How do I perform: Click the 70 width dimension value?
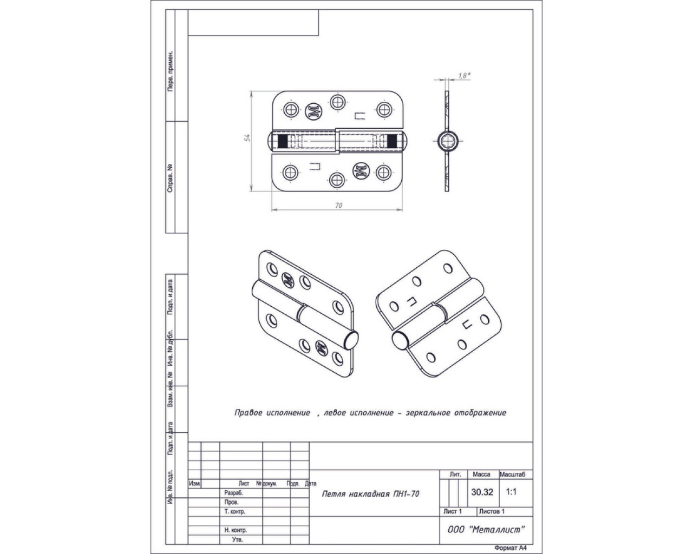pyautogui.click(x=339, y=206)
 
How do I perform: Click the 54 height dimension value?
pyautogui.click(x=247, y=138)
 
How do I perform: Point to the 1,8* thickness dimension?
pyautogui.click(x=462, y=76)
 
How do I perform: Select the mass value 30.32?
pyautogui.click(x=482, y=492)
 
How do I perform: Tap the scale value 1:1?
pyautogui.click(x=511, y=492)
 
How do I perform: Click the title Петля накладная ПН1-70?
pyautogui.click(x=370, y=493)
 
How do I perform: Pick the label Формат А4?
pyautogui.click(x=511, y=548)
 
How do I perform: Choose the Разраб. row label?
pyautogui.click(x=234, y=493)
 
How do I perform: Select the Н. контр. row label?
pyautogui.click(x=236, y=530)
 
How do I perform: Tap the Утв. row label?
pyautogui.click(x=237, y=539)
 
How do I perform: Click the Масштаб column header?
pyautogui.click(x=515, y=474)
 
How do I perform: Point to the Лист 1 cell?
pyautogui.click(x=452, y=511)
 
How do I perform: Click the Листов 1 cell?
pyautogui.click(x=492, y=511)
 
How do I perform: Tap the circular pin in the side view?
pyautogui.click(x=447, y=141)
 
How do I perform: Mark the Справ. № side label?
pyautogui.click(x=171, y=179)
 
